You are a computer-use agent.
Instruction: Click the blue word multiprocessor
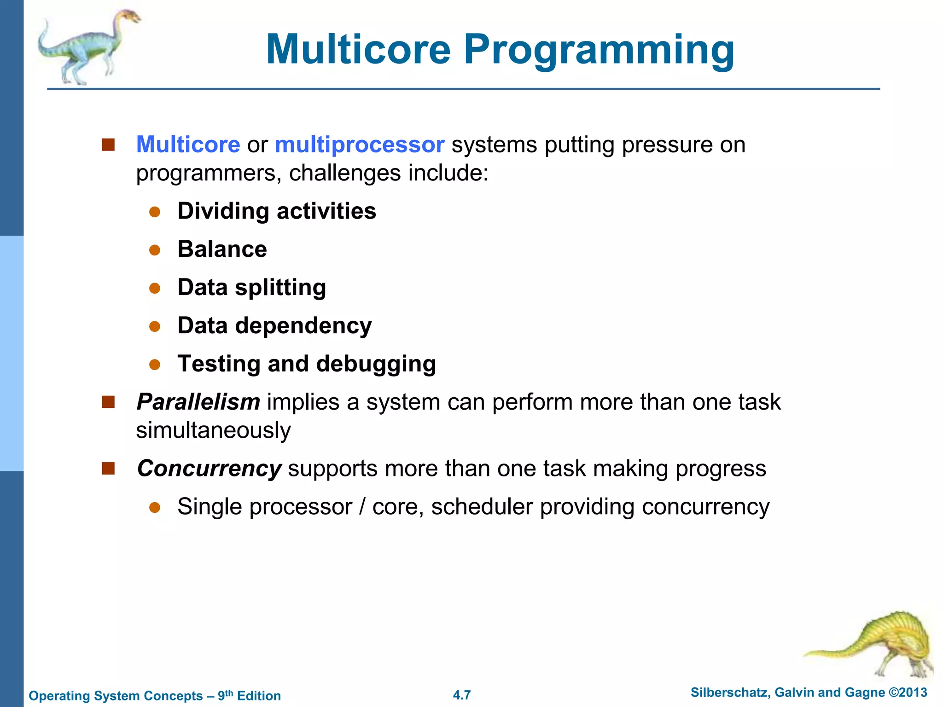click(359, 145)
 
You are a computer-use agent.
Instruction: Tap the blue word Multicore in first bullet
click(188, 145)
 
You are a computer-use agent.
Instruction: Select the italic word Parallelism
click(198, 402)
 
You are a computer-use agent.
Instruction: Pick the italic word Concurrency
click(209, 469)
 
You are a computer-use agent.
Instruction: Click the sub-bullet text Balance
click(222, 249)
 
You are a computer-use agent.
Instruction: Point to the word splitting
click(280, 288)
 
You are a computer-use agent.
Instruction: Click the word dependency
click(303, 326)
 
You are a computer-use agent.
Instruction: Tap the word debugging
click(376, 364)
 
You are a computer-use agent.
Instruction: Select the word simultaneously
click(213, 430)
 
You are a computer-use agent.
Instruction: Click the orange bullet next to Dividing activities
click(155, 212)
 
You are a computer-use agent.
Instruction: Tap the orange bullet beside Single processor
click(155, 507)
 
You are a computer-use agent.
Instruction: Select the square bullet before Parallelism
click(108, 402)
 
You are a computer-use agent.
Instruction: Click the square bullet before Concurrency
click(108, 469)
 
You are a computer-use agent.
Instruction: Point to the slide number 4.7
click(462, 695)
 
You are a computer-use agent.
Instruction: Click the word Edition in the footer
click(259, 696)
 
